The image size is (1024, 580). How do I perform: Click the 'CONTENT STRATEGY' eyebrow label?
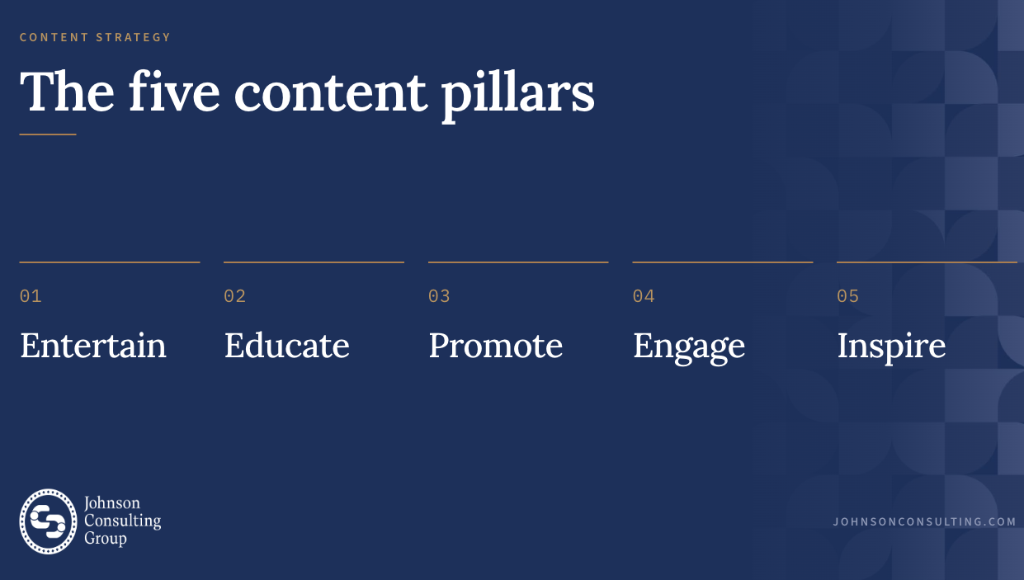pos(95,37)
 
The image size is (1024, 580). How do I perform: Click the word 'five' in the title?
pos(174,91)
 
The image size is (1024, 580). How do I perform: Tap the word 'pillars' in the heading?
pos(517,96)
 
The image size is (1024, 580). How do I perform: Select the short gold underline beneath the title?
pos(48,134)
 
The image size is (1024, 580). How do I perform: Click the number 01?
pos(31,296)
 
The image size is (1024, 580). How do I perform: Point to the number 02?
pos(234,296)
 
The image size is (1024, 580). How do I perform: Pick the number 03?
pos(439,296)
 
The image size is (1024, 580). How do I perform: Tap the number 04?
pos(644,296)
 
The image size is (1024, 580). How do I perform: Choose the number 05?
pos(847,296)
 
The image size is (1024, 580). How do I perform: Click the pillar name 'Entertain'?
pos(92,345)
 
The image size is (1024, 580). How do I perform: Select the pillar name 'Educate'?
pos(286,345)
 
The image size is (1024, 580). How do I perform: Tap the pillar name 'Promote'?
pos(496,345)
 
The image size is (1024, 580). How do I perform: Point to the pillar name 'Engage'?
pos(689,348)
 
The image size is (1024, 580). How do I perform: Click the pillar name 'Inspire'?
pos(891,348)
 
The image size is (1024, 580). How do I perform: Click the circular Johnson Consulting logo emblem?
pos(48,521)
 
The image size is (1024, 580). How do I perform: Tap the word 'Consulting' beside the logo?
pos(122,521)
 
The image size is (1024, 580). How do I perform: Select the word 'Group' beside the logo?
pos(105,539)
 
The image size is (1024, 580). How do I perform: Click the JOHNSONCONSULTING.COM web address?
pos(924,521)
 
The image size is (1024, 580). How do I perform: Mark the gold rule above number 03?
pos(518,262)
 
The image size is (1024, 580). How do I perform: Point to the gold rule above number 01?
pos(110,262)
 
